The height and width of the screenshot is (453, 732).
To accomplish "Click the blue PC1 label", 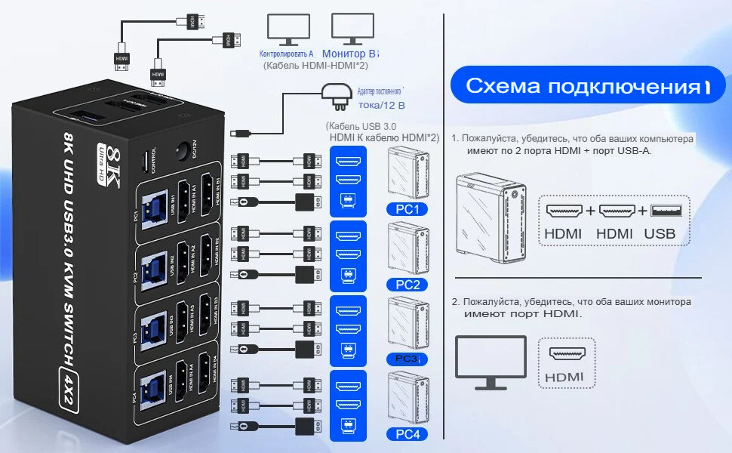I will tap(407, 209).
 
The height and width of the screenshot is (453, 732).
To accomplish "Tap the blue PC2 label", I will tap(407, 285).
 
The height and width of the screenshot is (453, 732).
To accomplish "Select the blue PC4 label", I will tap(407, 434).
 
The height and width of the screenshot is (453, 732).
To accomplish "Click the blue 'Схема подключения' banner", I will tap(582, 86).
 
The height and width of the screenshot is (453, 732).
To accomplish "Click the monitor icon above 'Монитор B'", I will tap(352, 31).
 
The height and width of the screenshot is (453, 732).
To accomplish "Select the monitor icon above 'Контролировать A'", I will tap(287, 31).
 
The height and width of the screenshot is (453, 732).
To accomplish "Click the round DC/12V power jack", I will tap(182, 152).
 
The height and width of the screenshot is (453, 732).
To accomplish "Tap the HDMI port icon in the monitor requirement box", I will tap(566, 354).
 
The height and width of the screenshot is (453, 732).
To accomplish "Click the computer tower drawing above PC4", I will tap(406, 397).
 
